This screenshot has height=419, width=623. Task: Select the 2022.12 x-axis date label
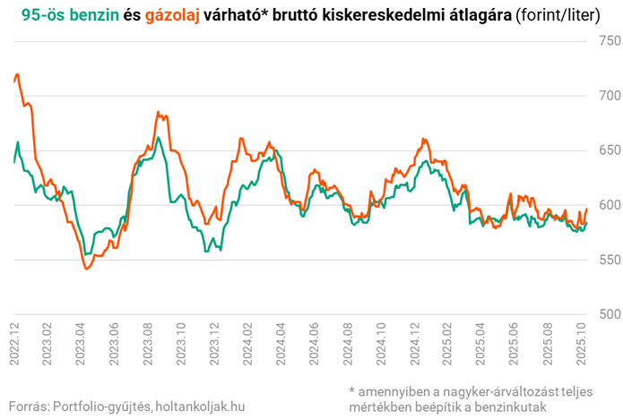[x=14, y=344]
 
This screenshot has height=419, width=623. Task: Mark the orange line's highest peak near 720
[x=18, y=74]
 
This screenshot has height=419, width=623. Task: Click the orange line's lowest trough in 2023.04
[x=86, y=269]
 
